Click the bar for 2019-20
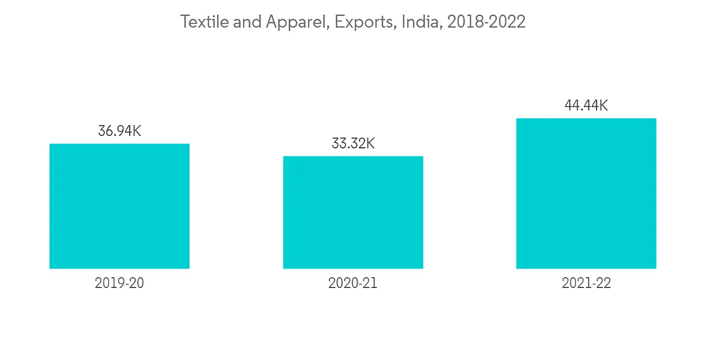coord(119,206)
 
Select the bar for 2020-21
coord(353,212)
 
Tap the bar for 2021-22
coord(586,193)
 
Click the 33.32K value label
coord(353,144)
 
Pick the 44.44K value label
coord(586,106)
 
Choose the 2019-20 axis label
coord(119,283)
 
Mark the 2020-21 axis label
coord(353,283)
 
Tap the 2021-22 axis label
coord(586,283)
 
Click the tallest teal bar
coord(586,193)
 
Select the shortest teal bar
coord(353,212)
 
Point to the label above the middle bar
coord(353,144)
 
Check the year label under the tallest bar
coord(586,283)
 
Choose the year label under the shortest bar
coord(353,283)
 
